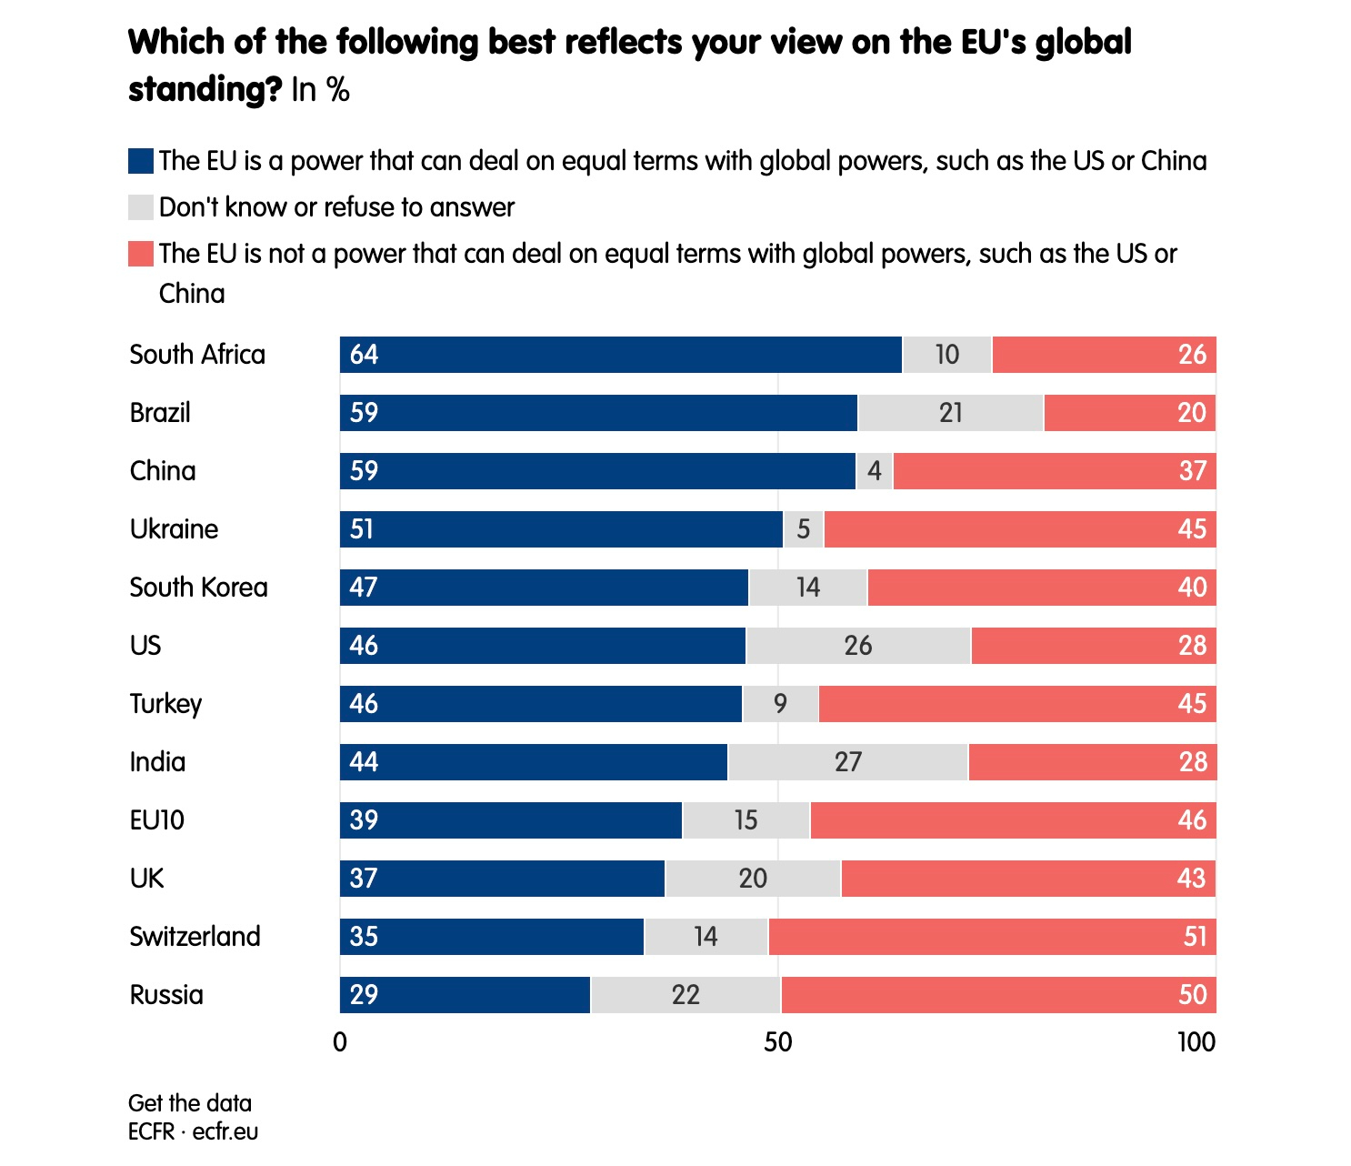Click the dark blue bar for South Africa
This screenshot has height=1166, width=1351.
tap(621, 355)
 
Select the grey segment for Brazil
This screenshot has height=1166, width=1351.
tap(951, 413)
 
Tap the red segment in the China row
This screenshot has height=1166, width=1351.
tap(1055, 471)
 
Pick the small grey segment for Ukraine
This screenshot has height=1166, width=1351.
tap(804, 529)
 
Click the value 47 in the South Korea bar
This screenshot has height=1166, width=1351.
tap(364, 588)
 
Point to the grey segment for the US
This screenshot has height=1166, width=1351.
tap(858, 646)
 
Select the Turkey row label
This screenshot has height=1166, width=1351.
tap(165, 704)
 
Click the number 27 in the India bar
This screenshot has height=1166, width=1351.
tap(848, 762)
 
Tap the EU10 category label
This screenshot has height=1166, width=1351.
tap(157, 820)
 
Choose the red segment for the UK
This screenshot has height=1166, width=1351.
tap(1028, 879)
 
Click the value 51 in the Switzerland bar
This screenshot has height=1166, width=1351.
tap(1195, 937)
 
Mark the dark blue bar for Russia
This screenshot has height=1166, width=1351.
tap(465, 995)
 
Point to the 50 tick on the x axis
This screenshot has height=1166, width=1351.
tap(778, 1042)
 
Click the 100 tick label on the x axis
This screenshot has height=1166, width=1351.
tap(1196, 1042)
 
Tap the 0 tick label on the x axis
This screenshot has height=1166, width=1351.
tap(340, 1042)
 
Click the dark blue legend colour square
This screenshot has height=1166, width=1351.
tap(141, 161)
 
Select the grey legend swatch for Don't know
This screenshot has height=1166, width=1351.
tap(141, 207)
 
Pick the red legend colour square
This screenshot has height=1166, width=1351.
tap(141, 254)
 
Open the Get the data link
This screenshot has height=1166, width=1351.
tap(190, 1103)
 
